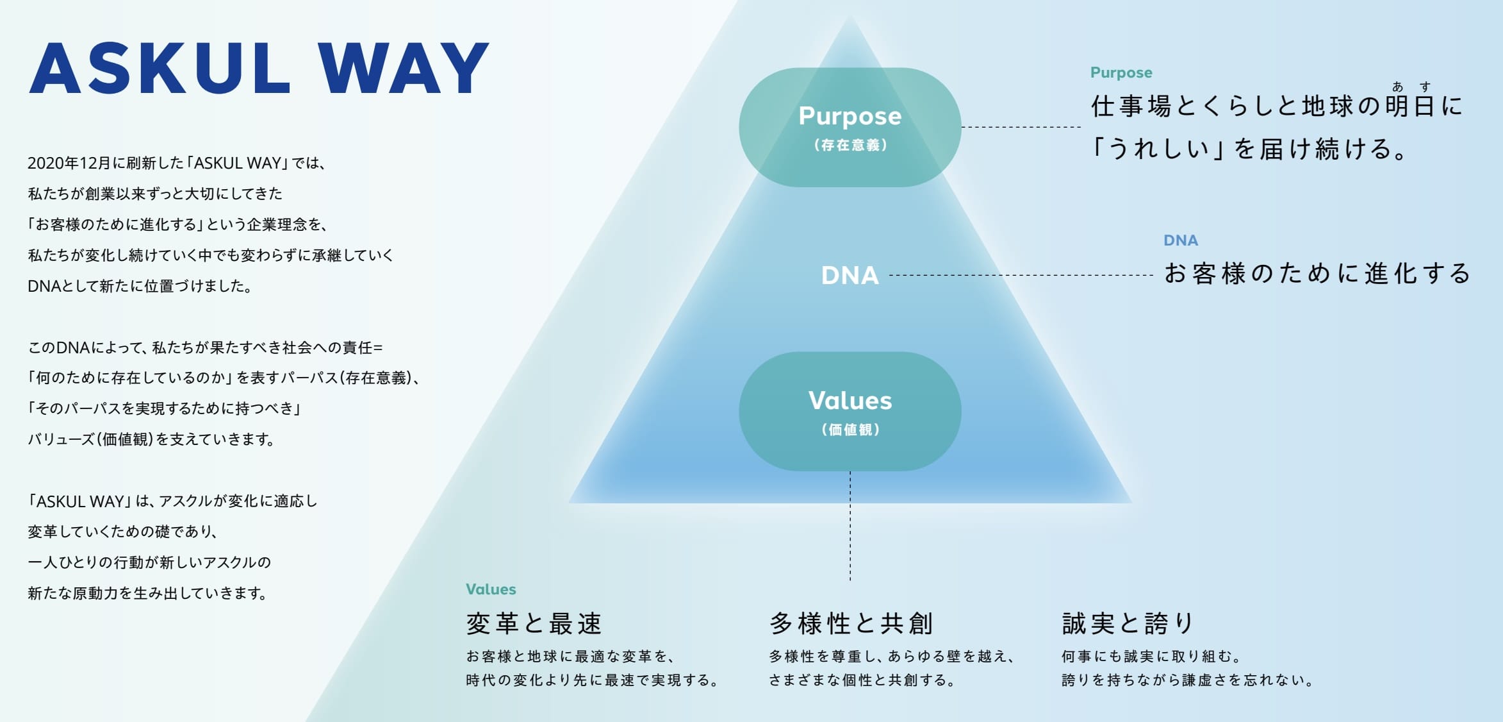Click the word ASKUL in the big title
tap(160, 69)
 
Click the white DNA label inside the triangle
tap(850, 276)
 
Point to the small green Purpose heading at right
tap(1121, 72)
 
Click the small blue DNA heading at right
tap(1180, 240)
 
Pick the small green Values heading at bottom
tap(491, 589)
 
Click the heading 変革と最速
tap(534, 623)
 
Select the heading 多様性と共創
tap(851, 623)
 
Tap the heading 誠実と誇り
tap(1128, 623)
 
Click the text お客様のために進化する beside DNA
tap(1317, 274)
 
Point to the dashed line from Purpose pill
tap(1021, 127)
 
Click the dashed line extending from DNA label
tap(1021, 275)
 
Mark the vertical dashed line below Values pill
tap(850, 526)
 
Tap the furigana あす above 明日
tap(1411, 87)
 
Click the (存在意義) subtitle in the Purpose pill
tap(850, 146)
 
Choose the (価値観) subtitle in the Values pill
tap(850, 430)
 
